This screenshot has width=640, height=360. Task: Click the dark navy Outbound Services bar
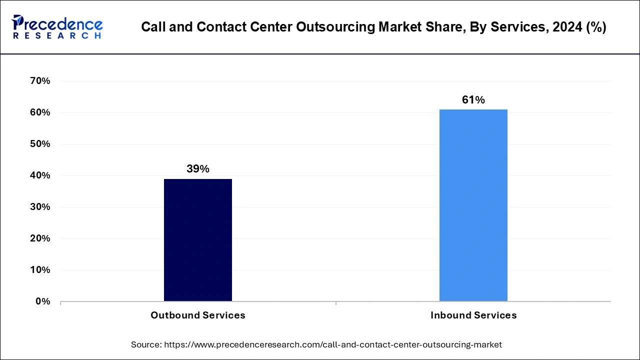(x=198, y=240)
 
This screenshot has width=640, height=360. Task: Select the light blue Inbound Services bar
(x=473, y=205)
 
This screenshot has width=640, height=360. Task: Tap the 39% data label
(x=198, y=169)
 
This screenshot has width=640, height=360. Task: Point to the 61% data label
(x=473, y=100)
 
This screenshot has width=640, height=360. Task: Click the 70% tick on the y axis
(x=40, y=81)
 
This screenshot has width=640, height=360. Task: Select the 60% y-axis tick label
(x=40, y=112)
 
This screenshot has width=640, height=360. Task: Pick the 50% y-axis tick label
(x=40, y=144)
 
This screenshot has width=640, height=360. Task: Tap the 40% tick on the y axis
(x=40, y=175)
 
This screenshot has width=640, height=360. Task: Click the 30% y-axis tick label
(x=40, y=207)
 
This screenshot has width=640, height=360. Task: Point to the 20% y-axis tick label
(x=40, y=238)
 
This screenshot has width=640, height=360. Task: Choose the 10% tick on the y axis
(x=40, y=270)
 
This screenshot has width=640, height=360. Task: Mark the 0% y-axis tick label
(x=42, y=301)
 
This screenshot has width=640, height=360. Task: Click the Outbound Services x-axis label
(x=198, y=315)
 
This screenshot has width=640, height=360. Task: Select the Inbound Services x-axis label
(x=473, y=315)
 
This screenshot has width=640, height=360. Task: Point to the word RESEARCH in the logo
(x=57, y=36)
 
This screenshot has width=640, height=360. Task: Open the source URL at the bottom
(x=332, y=344)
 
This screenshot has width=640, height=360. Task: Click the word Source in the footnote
(x=145, y=344)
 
